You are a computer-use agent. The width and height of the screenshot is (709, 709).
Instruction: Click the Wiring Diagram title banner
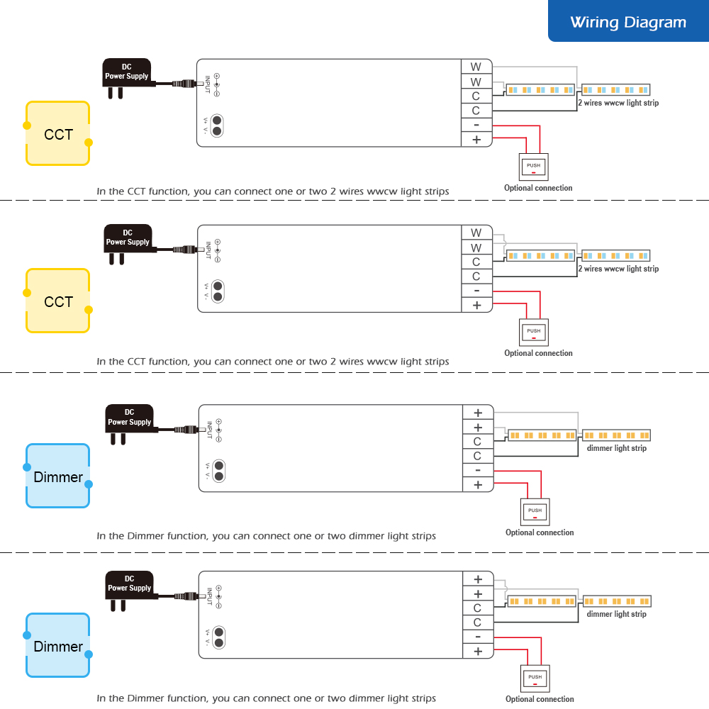(628, 23)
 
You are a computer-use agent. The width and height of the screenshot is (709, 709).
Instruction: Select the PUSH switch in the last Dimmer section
(535, 679)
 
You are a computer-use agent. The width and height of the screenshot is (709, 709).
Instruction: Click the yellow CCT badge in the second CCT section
(58, 301)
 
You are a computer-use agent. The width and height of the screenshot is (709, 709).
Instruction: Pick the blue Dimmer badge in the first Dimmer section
(58, 476)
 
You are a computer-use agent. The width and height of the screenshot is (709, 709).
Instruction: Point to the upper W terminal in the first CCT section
(476, 67)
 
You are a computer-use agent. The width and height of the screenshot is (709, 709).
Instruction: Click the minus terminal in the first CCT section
(476, 125)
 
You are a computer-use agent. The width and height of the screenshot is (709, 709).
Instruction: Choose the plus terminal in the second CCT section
(476, 306)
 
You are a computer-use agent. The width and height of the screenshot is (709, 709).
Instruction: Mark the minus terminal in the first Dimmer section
(478, 470)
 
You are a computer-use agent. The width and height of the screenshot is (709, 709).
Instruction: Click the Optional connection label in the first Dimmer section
(540, 532)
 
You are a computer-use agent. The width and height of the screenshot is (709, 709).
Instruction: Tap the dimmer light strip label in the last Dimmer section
(616, 614)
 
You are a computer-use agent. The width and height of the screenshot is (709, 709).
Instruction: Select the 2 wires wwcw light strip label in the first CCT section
(618, 103)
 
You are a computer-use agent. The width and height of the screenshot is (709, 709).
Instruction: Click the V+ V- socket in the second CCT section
(218, 292)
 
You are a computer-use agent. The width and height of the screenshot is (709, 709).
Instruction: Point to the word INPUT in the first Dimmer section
(209, 430)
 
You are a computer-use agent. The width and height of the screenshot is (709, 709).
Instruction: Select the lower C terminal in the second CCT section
(476, 277)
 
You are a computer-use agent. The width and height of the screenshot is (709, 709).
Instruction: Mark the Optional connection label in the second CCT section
(538, 353)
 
